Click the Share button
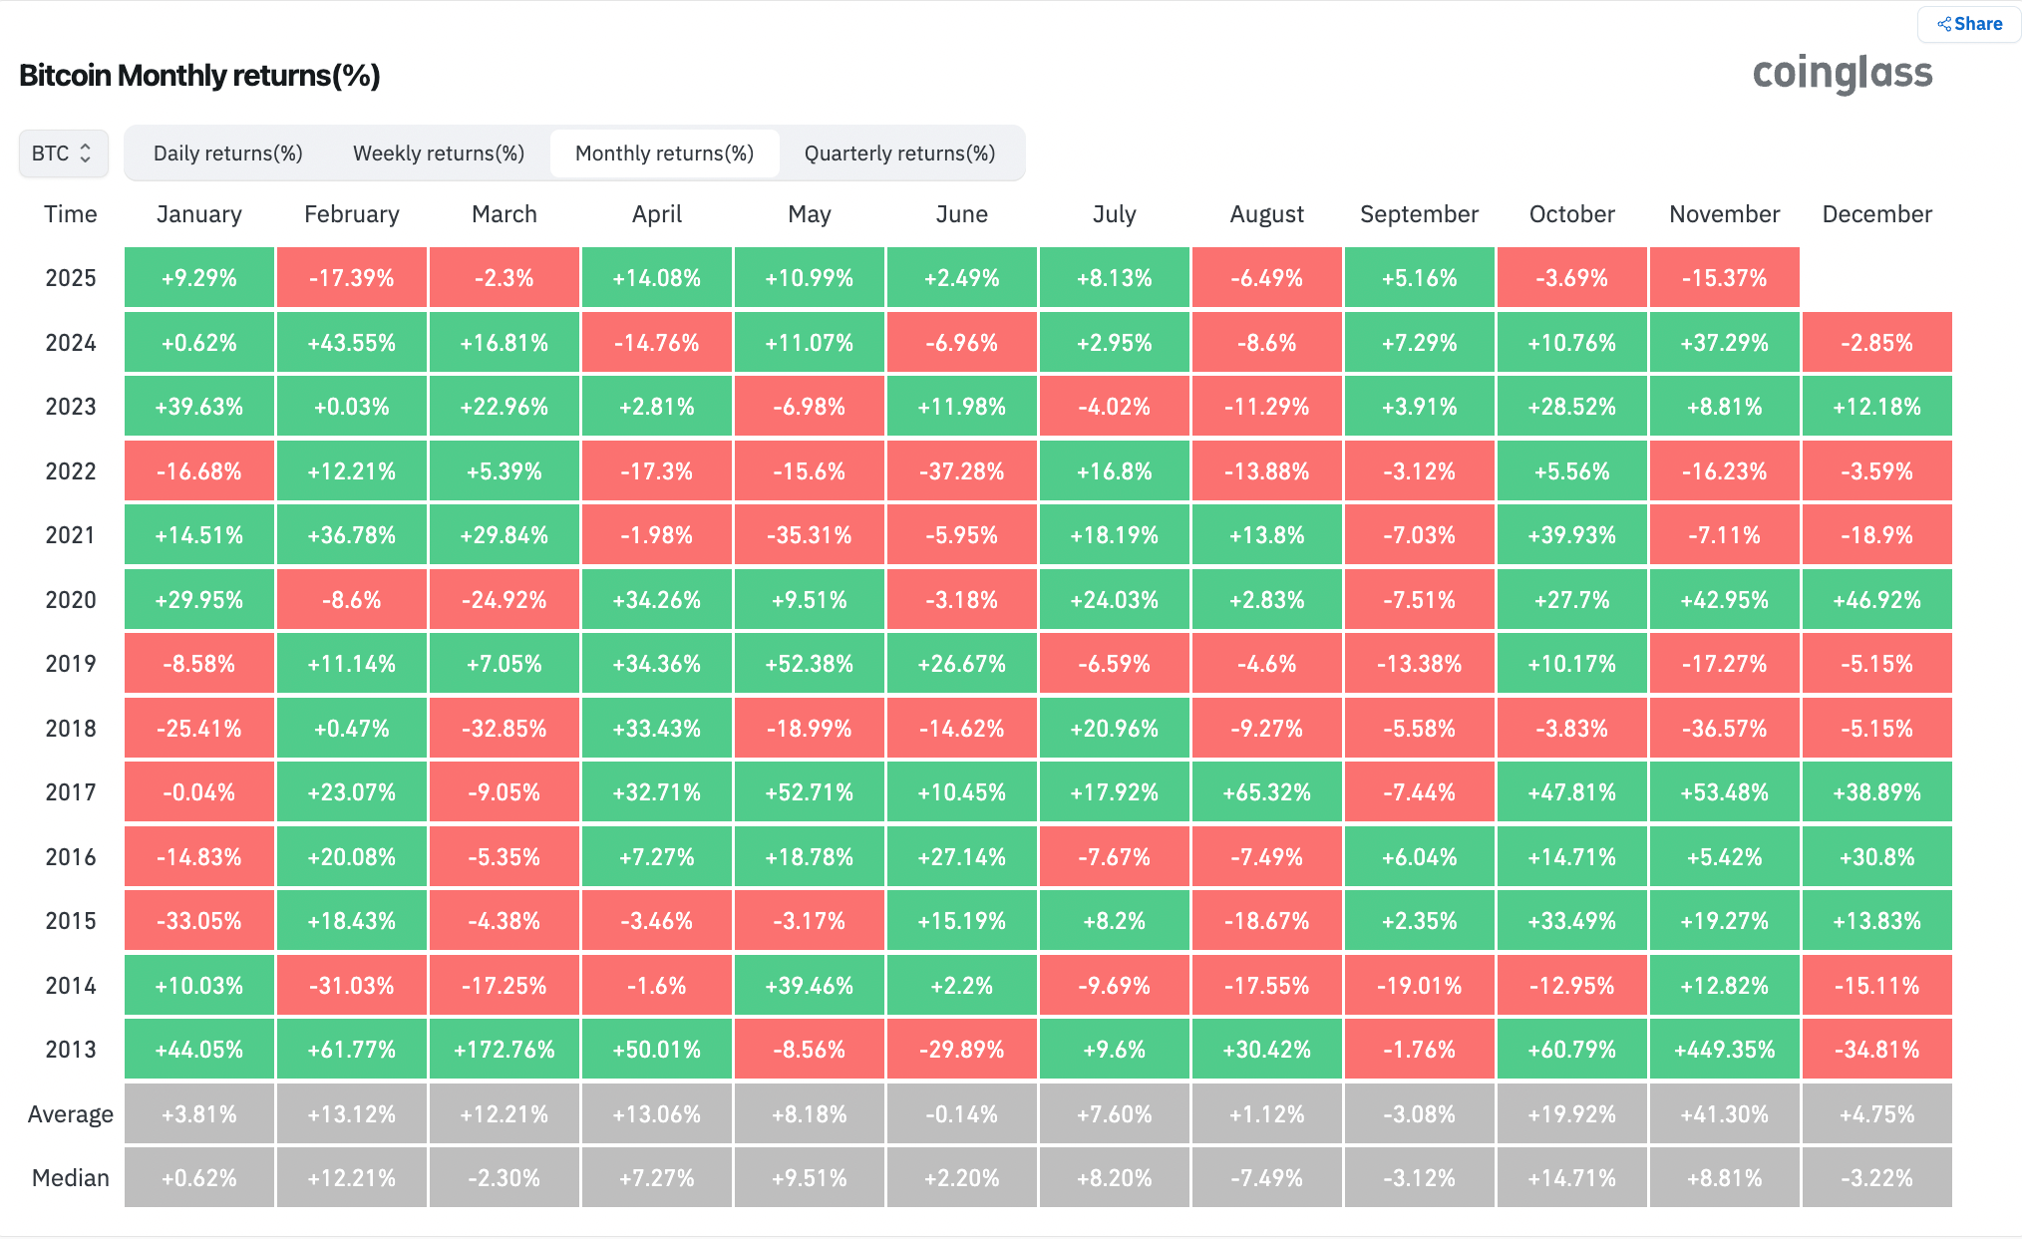point(1969,24)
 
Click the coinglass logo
point(1842,73)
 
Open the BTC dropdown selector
point(63,154)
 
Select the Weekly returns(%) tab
point(439,154)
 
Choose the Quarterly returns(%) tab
point(899,154)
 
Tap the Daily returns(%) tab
point(227,154)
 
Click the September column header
point(1419,214)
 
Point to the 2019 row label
point(70,664)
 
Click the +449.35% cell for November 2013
point(1724,1050)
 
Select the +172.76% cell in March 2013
point(504,1050)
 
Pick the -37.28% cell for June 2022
point(961,471)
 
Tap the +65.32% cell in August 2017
point(1266,792)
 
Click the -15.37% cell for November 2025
point(1724,278)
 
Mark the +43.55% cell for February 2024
point(351,343)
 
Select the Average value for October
point(1571,1114)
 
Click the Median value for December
point(1876,1178)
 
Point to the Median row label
point(70,1178)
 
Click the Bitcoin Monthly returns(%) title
point(199,76)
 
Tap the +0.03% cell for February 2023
point(351,407)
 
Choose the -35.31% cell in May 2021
point(809,535)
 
